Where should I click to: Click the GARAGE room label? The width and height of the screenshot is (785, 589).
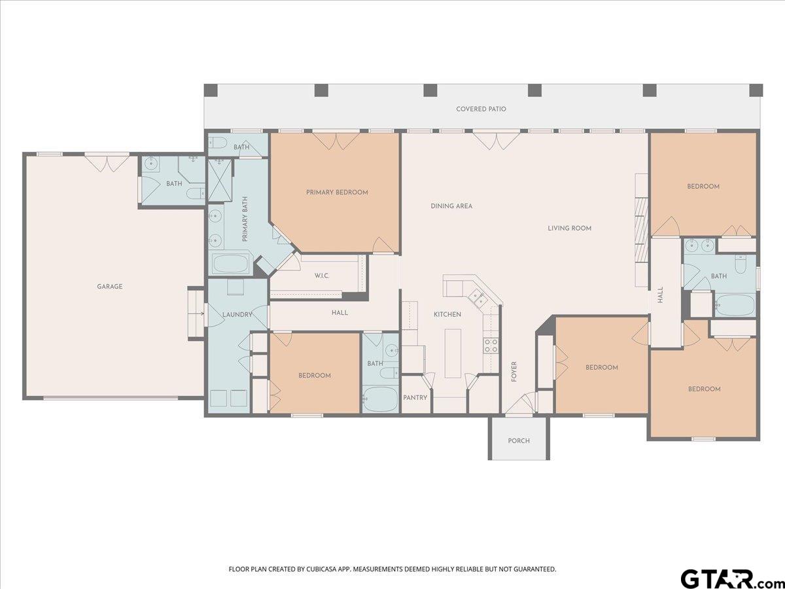point(110,287)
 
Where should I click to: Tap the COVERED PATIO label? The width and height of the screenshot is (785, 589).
point(481,109)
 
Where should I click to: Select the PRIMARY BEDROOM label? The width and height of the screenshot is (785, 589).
point(337,192)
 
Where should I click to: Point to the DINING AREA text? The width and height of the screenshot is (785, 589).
point(451,206)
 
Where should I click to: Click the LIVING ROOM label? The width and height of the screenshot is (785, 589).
point(569,228)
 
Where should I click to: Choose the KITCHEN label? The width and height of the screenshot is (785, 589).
point(447,314)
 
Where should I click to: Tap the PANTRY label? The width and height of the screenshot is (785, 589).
point(415,398)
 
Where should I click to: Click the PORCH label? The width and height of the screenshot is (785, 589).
point(519,441)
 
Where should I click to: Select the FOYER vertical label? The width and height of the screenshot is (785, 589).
point(514,372)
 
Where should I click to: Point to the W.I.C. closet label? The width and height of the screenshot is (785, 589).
point(322,276)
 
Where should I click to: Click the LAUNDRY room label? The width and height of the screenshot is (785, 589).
point(237,315)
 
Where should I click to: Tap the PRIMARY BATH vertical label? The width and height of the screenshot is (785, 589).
point(245,219)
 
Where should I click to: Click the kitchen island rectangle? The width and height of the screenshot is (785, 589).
point(453,353)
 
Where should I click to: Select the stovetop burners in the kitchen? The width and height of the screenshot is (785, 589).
point(491,345)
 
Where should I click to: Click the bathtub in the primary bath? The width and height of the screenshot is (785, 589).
point(230,264)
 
